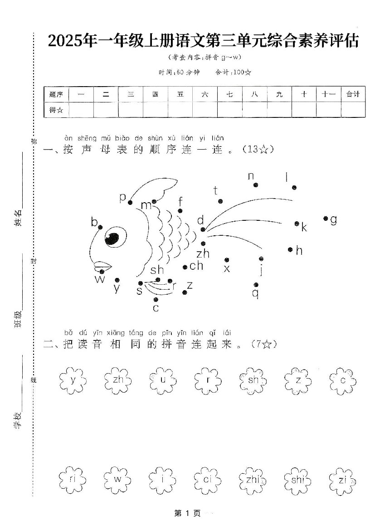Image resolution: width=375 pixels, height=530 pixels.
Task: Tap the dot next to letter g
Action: point(326,219)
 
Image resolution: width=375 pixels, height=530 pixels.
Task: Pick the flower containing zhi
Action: point(253,479)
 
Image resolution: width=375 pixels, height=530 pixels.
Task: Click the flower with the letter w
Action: point(118,479)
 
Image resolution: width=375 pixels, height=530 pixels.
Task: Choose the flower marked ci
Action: point(208,479)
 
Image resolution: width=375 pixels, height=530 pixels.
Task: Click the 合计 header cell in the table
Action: point(353,94)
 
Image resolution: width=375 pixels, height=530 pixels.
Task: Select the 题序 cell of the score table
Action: point(56,94)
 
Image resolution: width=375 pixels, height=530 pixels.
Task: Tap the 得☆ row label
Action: point(56,110)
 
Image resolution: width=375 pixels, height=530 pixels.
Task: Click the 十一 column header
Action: point(328,94)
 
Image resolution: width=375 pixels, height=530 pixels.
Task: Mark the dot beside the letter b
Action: point(100,228)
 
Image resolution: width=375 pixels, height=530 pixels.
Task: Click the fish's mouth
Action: point(102,265)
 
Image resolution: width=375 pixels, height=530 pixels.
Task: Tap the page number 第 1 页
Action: point(187,513)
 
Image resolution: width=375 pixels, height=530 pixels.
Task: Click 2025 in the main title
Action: point(67,42)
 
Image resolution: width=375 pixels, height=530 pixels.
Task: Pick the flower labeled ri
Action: point(73,479)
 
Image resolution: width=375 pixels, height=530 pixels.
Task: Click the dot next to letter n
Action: point(256,185)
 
